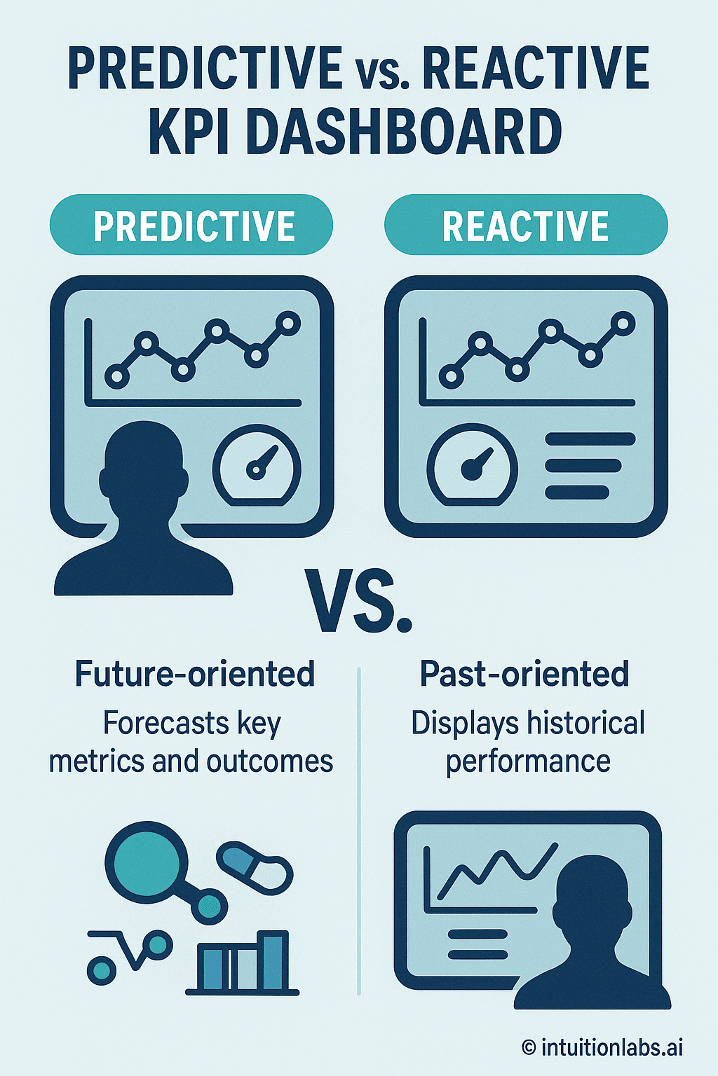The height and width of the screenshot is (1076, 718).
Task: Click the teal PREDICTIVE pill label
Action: [191, 225]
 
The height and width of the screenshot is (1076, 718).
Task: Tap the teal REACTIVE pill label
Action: [526, 225]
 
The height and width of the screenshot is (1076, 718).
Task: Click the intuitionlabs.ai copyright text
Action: [602, 1047]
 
